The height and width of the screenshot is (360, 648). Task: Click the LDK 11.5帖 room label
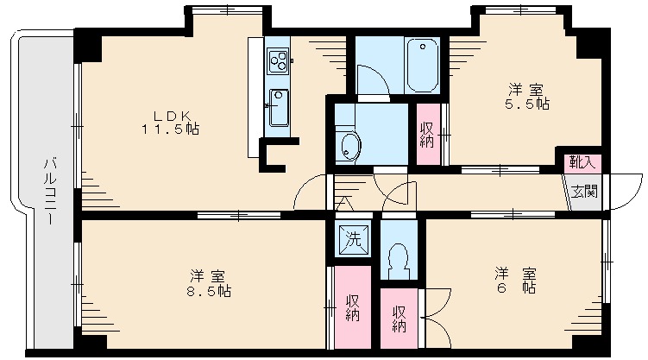point(170,123)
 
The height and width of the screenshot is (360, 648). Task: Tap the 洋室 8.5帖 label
point(209,283)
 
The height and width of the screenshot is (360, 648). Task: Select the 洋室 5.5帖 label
point(527,97)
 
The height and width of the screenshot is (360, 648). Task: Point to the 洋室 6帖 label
point(515,281)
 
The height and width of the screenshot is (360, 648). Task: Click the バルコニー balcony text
point(50,191)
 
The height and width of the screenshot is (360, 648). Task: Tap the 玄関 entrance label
point(584,192)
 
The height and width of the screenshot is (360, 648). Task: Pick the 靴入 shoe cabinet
point(582,162)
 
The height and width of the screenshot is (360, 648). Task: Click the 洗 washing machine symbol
point(354,240)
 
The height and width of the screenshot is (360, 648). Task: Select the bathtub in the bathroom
point(422,66)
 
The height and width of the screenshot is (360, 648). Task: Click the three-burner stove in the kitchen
point(279,61)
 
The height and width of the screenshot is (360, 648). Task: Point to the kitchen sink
point(279,108)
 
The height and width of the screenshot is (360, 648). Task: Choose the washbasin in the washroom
point(350,147)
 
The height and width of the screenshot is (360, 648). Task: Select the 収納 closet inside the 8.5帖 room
point(353,307)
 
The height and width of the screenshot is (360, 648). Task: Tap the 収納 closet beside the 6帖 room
point(399,319)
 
